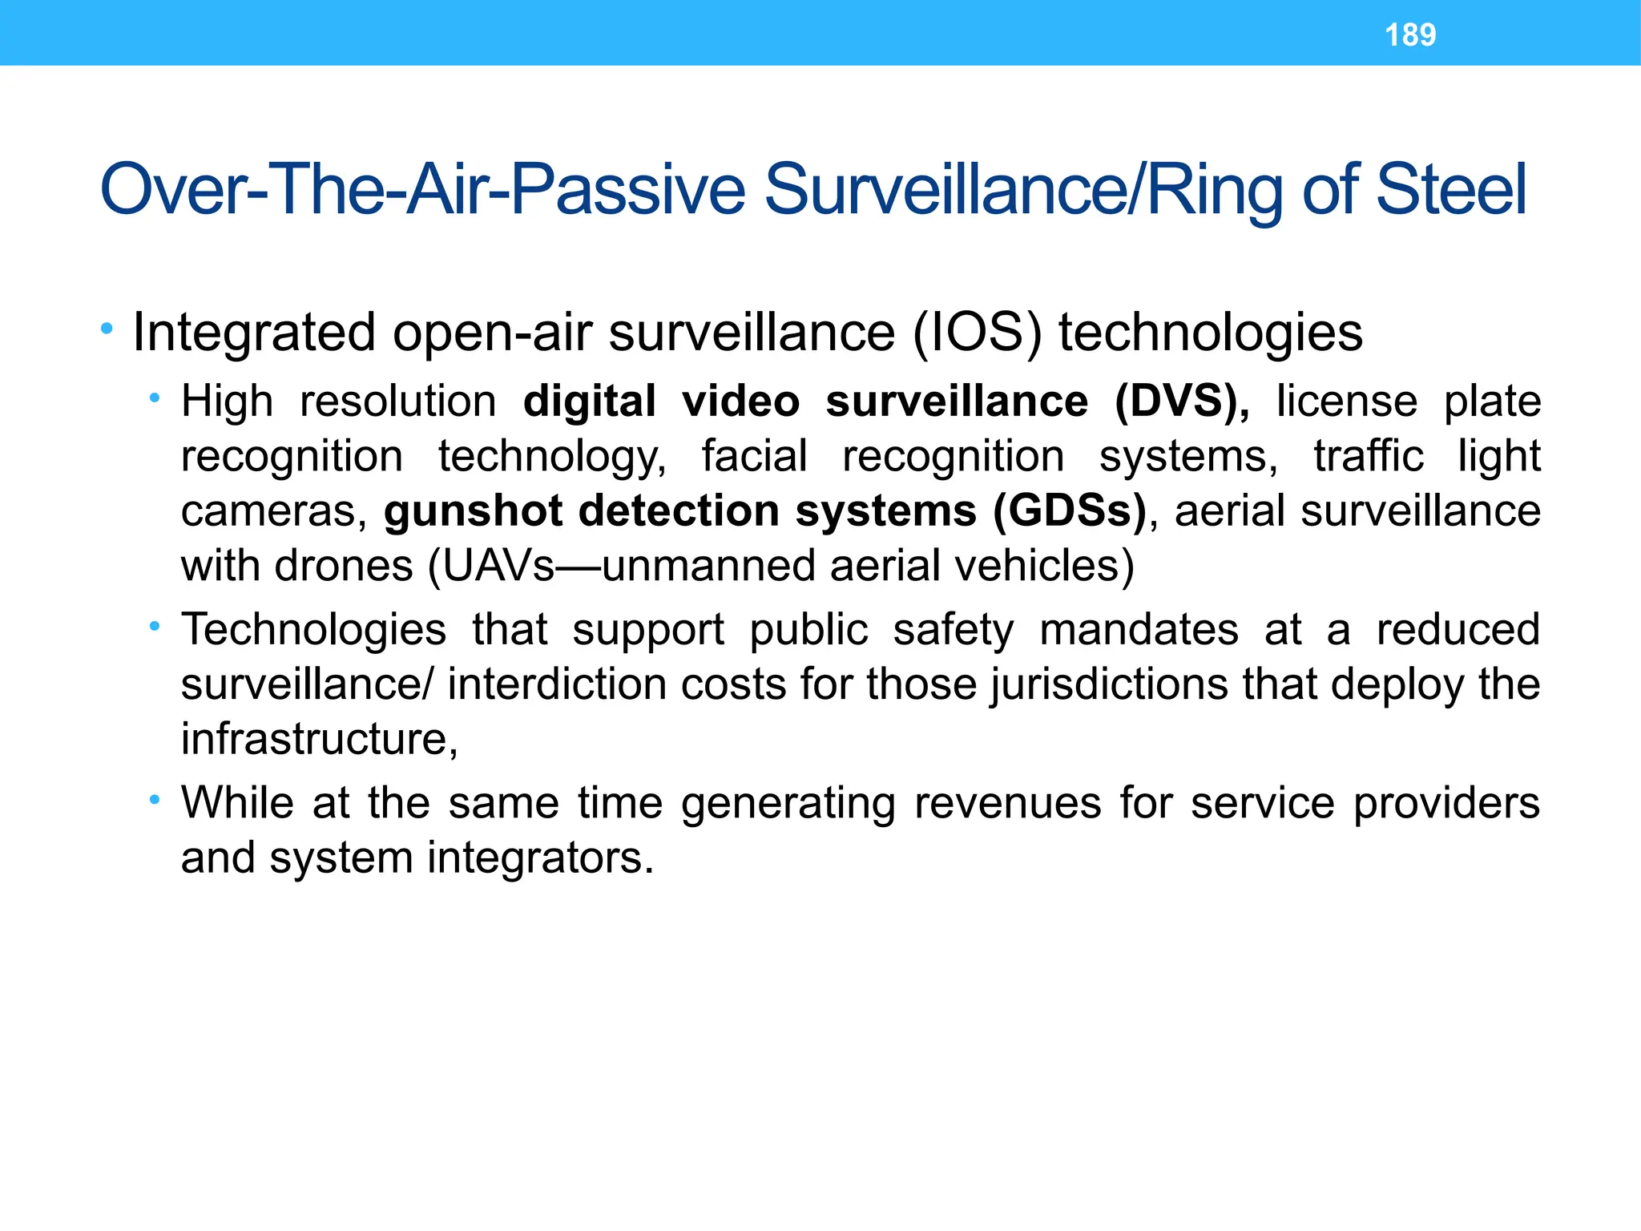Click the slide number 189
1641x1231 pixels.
coord(1410,35)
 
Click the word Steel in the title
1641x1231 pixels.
coord(1451,190)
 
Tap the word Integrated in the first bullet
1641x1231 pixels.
coord(254,333)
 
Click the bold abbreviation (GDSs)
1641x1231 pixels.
coord(1070,511)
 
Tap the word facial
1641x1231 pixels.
coord(754,456)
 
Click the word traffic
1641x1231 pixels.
coord(1369,456)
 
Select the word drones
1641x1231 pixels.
coord(344,566)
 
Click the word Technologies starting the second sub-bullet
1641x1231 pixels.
coord(313,629)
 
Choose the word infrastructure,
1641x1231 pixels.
coord(320,739)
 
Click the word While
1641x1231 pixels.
coord(237,802)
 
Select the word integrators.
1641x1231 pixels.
coord(541,858)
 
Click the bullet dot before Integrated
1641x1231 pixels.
coord(107,329)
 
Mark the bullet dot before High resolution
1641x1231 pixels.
coord(154,398)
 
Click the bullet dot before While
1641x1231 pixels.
coord(154,800)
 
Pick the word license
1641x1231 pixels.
coord(1347,402)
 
